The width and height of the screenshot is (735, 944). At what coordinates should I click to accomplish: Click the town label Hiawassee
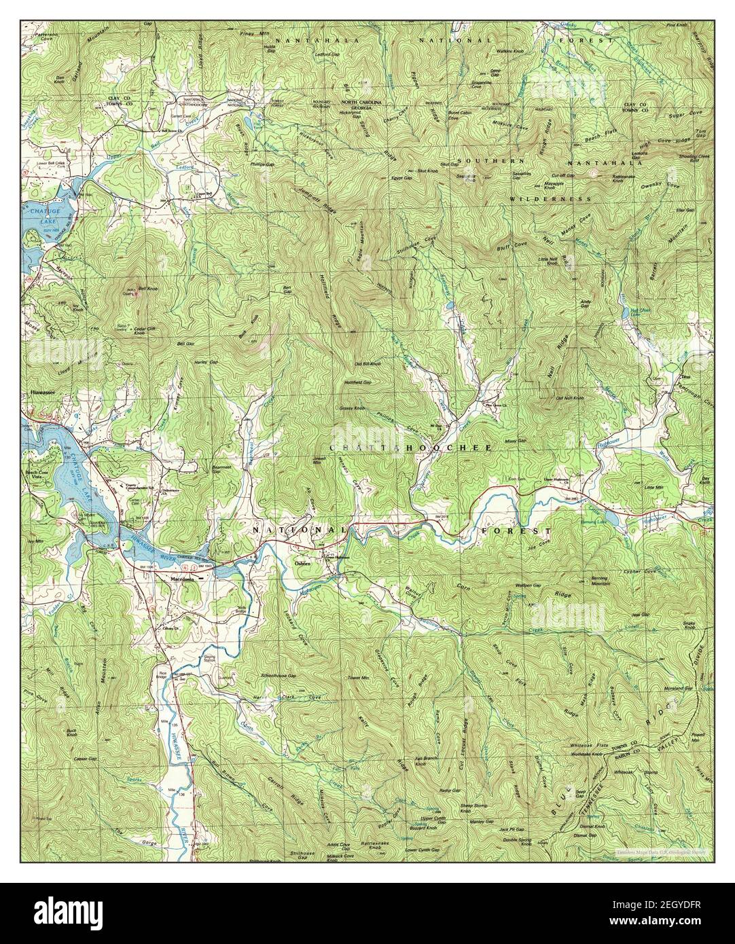43,393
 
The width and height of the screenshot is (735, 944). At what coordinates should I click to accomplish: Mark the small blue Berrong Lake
626,520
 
